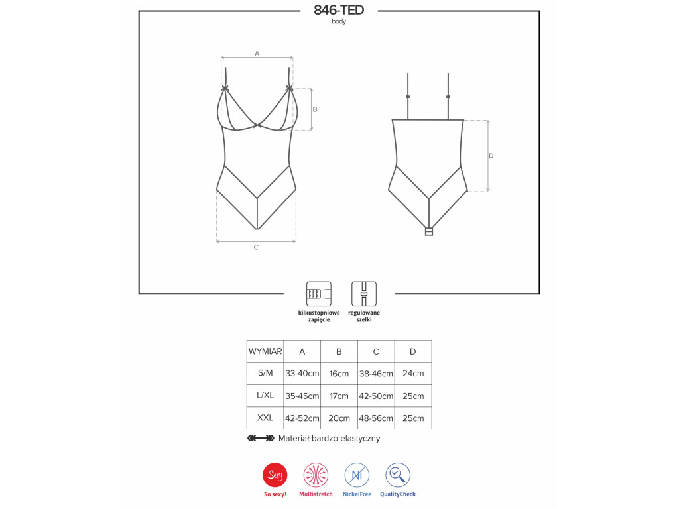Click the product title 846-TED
[x=339, y=10]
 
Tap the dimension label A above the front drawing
[x=257, y=53]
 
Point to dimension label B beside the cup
[x=315, y=109]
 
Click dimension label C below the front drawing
[x=256, y=247]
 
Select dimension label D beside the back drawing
[x=491, y=156]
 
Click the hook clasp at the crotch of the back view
[x=429, y=231]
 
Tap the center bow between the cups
[x=258, y=126]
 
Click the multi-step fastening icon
[x=319, y=294]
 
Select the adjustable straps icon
[x=364, y=294]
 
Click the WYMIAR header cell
[x=265, y=351]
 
